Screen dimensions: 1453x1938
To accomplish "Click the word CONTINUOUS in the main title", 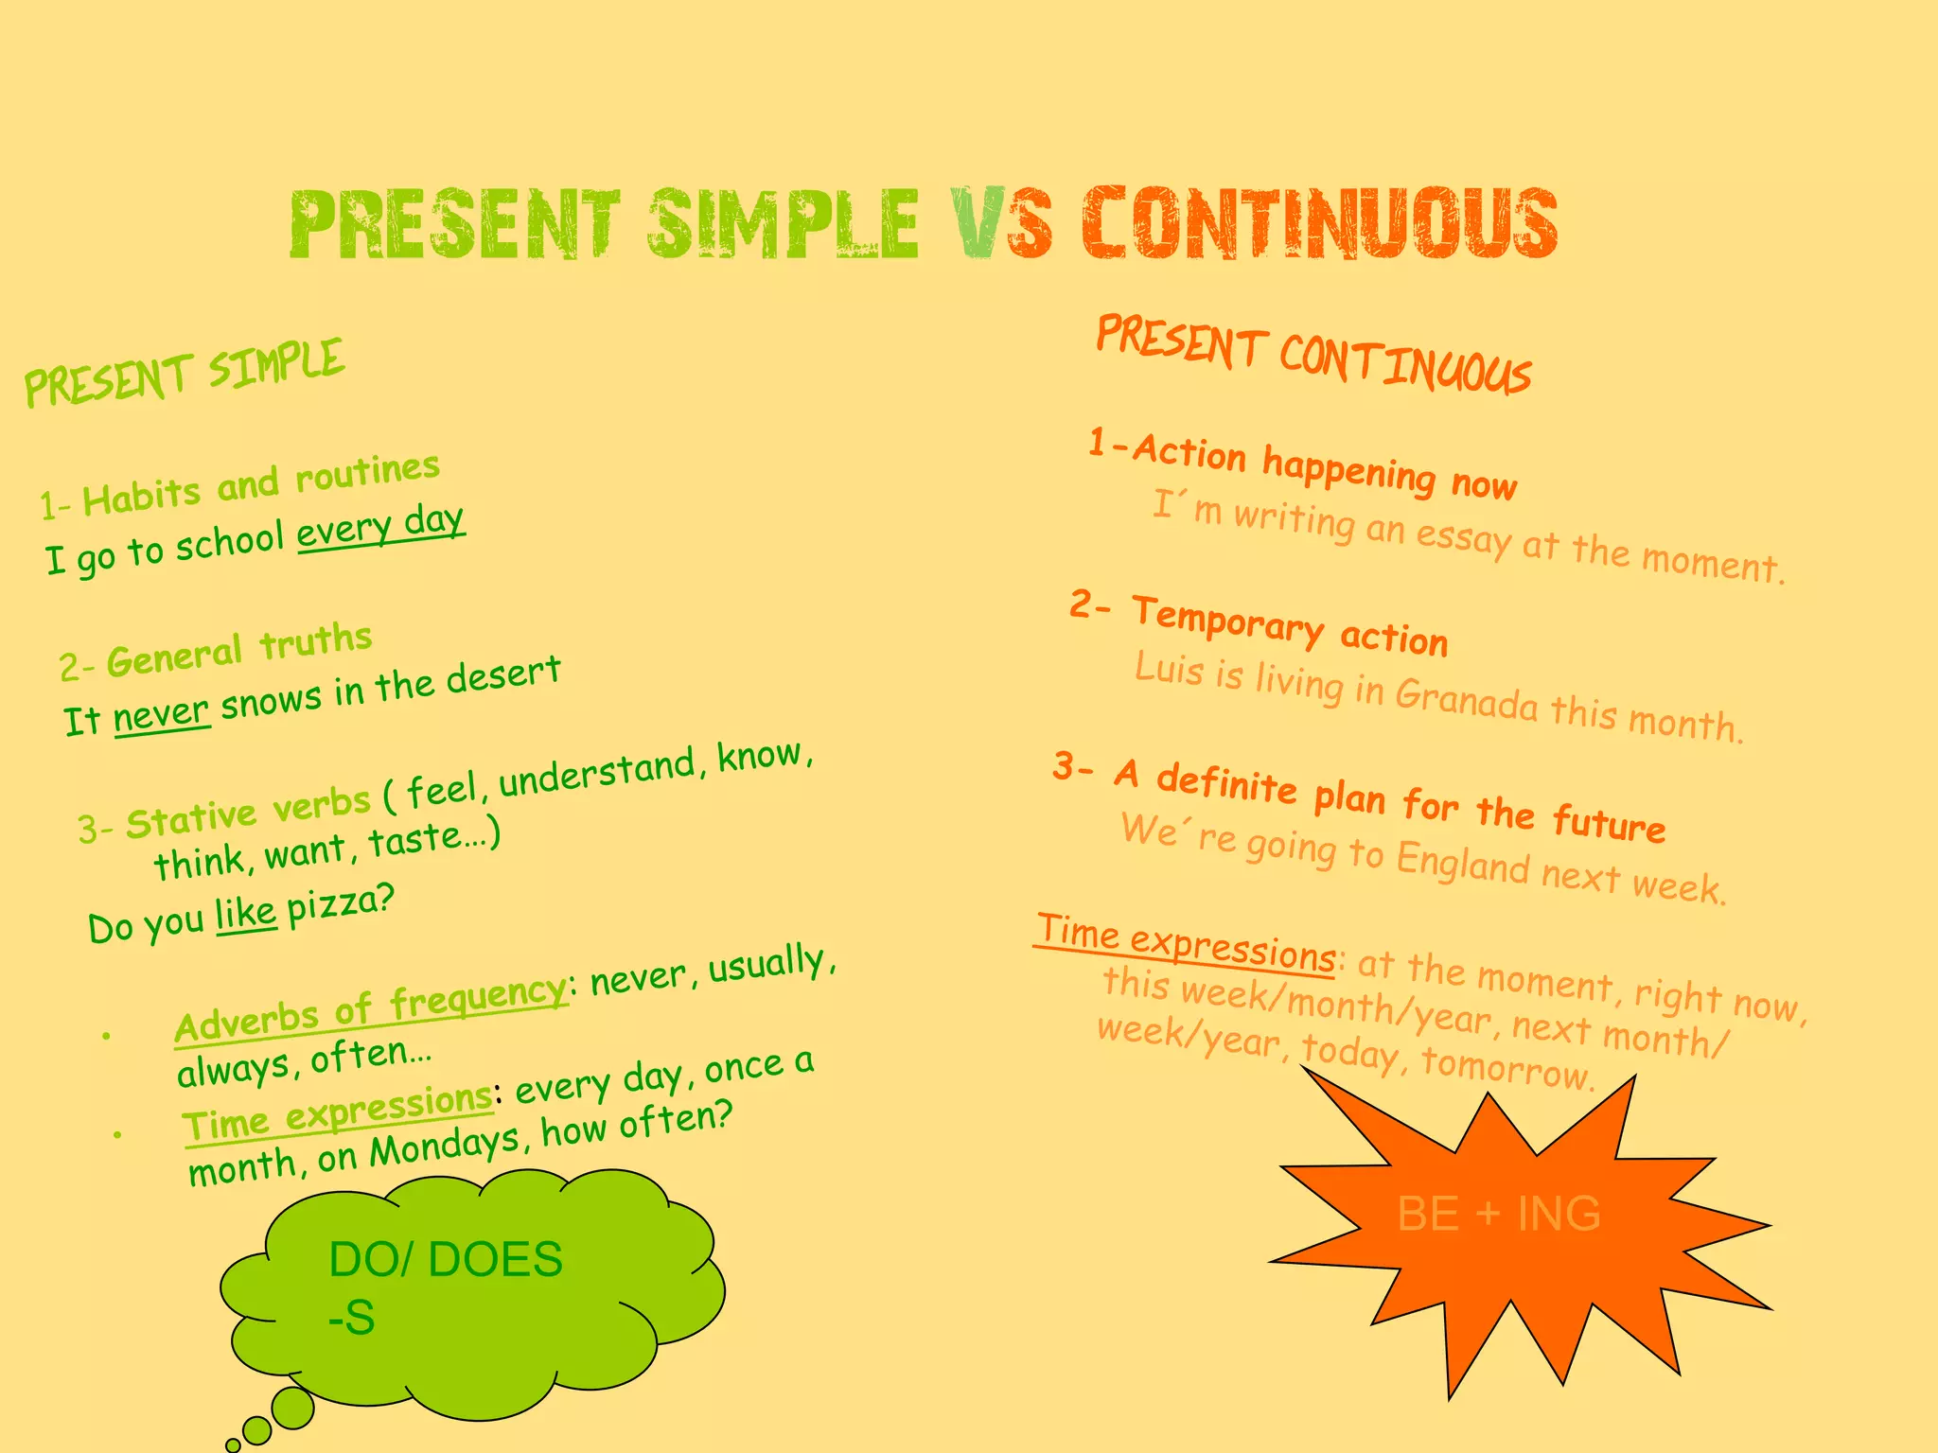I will click(1320, 223).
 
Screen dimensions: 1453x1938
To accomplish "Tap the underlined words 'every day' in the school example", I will click(380, 528).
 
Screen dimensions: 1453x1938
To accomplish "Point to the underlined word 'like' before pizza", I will click(246, 914).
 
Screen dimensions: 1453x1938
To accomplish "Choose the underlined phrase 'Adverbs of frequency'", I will click(370, 1011).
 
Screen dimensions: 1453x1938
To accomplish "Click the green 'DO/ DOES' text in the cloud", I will click(446, 1260).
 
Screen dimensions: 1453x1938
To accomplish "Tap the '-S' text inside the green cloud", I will click(352, 1318).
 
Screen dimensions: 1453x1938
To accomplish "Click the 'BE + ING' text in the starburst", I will click(1499, 1214).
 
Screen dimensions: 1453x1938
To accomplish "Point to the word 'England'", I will click(1463, 863).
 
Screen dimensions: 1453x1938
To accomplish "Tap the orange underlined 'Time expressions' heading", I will click(1187, 942).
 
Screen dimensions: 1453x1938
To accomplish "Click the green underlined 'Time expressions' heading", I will click(337, 1112).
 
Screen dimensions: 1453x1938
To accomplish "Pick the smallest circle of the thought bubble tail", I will click(233, 1445).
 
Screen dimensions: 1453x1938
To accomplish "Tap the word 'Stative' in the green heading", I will click(191, 819).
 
